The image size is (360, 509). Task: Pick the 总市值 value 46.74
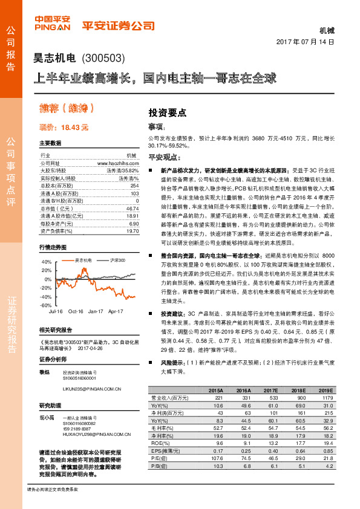tap(132, 207)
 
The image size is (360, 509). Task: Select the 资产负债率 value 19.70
tap(132, 230)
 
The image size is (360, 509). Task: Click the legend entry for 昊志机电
tap(82, 243)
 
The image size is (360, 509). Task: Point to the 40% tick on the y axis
tap(47, 262)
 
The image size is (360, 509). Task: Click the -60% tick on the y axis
tap(47, 305)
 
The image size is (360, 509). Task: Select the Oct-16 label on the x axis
tap(76, 311)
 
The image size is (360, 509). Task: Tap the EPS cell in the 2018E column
tap(298, 450)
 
